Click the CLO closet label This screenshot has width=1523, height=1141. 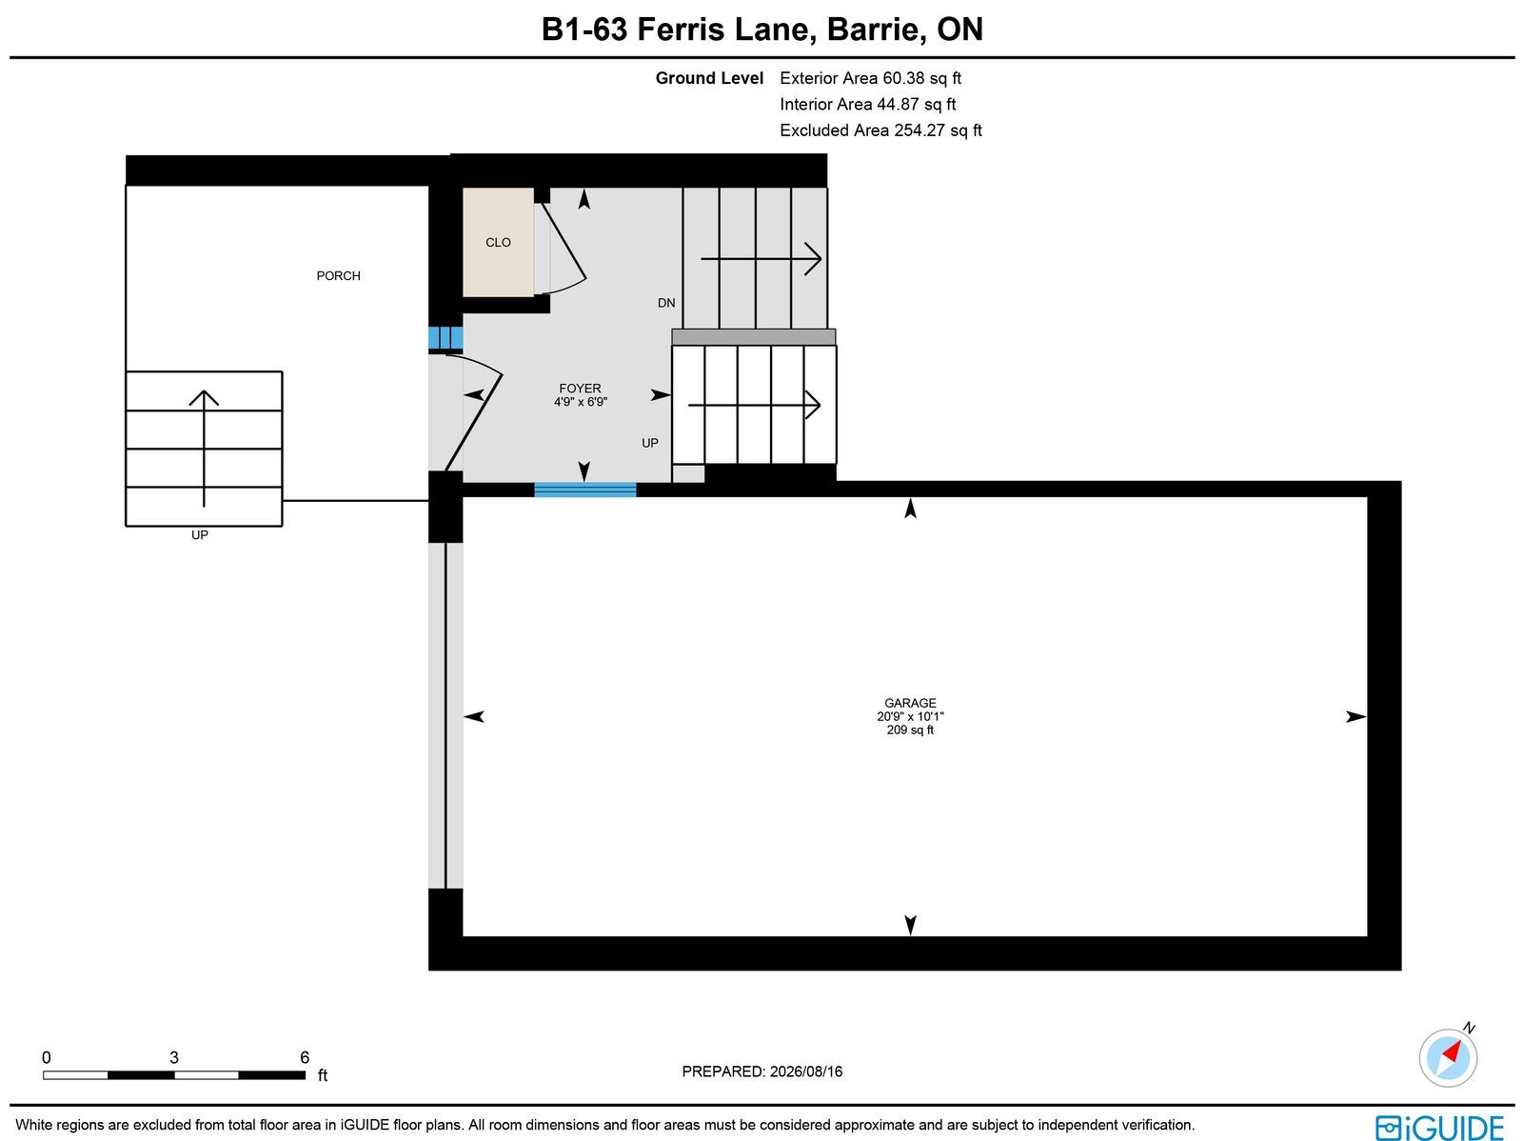coord(498,242)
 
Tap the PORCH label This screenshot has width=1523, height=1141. coord(338,275)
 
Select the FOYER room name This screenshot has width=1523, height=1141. coord(580,389)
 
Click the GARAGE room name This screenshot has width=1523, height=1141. coord(910,703)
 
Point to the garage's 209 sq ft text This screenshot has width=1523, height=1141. coord(910,730)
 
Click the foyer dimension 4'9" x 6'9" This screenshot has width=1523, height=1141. coord(580,401)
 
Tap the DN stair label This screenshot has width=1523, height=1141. coord(666,303)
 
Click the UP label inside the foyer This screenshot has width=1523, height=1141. coord(649,443)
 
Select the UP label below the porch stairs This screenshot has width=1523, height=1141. coord(199,535)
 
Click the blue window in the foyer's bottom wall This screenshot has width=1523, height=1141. coord(584,490)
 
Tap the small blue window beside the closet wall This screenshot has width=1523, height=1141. coord(445,338)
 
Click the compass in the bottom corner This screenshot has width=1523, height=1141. coord(1448,1058)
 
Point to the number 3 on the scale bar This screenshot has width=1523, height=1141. coord(174,1057)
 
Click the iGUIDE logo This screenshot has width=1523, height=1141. coord(1439,1128)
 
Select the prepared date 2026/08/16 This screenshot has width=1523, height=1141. coord(806,1071)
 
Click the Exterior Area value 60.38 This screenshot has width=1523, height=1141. coord(903,78)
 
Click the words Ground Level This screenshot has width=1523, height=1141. coord(709,78)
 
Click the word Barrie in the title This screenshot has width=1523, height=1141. coord(873,30)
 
